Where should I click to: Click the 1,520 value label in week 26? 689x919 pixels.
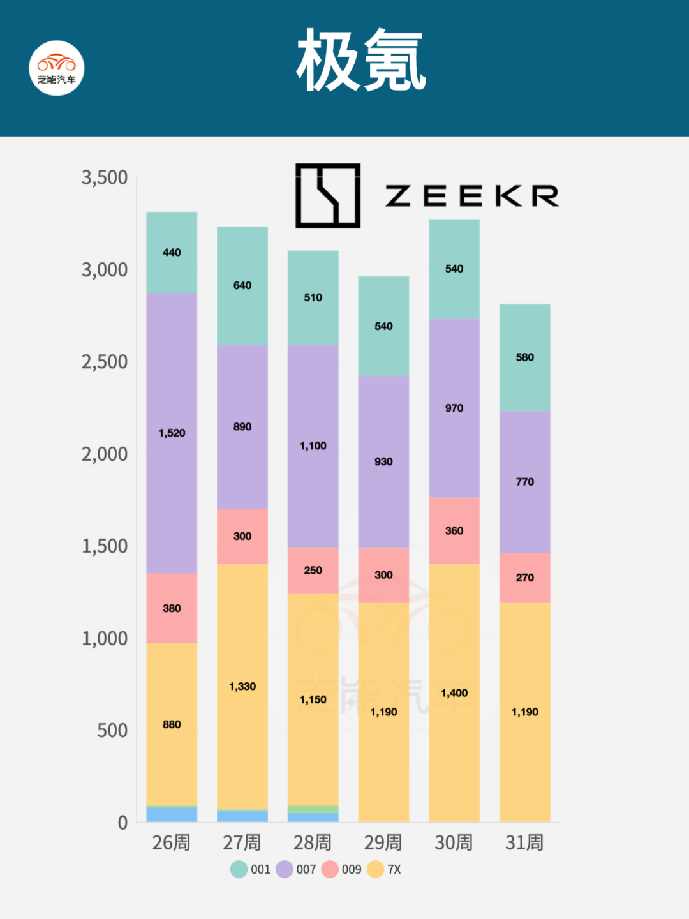172,433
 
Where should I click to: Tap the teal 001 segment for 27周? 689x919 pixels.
242,286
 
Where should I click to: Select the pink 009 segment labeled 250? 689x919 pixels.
313,570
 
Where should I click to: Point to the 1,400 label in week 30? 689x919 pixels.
454,693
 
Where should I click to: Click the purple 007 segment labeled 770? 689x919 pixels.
524,482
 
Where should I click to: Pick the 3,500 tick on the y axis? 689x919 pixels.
105,177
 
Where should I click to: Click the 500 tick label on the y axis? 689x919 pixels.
112,730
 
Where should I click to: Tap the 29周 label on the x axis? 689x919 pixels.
383,842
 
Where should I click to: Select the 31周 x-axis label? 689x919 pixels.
524,842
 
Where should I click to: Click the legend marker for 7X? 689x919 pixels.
376,869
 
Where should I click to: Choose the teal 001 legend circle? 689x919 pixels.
239,869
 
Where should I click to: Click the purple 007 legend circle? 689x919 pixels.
285,869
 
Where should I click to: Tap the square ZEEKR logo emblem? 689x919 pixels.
328,195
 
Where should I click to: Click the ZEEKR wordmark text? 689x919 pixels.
472,196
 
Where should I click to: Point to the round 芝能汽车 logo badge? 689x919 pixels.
57,68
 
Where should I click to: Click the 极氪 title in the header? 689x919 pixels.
361,61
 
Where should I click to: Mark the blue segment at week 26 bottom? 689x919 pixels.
172,815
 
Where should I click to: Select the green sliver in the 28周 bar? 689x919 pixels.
313,809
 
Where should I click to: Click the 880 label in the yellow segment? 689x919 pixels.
172,724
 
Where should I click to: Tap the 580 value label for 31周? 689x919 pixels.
524,357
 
